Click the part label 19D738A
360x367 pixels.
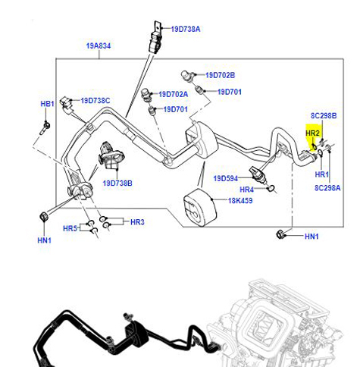186,29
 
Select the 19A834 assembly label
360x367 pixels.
99,45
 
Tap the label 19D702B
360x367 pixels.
220,75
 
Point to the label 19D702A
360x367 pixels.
174,94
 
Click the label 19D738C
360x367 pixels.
95,101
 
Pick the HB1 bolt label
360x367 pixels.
47,104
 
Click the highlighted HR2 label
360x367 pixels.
312,133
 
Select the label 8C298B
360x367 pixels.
324,115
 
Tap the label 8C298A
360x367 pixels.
327,188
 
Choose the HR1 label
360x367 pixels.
322,174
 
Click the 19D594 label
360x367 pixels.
226,178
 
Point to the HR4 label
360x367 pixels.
246,190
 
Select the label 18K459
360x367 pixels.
240,201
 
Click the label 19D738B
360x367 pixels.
117,183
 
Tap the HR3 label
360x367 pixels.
137,222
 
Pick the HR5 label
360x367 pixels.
70,228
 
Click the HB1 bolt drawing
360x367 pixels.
45,127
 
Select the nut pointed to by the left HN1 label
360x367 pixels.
44,217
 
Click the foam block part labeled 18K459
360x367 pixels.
200,208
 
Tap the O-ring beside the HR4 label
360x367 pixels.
271,188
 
